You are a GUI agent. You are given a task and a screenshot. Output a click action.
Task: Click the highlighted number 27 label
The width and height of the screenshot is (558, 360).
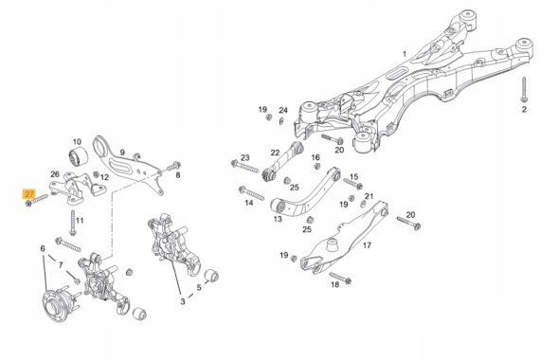(x=28, y=194)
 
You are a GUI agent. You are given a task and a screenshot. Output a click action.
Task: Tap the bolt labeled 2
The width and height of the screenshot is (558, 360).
(x=524, y=89)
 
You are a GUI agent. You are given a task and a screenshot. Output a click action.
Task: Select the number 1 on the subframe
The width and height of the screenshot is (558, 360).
(x=405, y=54)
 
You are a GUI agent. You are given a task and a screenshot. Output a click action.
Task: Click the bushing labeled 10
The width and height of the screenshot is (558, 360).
(x=78, y=155)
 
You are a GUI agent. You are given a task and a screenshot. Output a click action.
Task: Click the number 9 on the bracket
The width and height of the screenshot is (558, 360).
(x=122, y=153)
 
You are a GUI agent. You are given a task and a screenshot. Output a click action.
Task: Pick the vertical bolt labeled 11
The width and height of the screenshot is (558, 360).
(x=73, y=223)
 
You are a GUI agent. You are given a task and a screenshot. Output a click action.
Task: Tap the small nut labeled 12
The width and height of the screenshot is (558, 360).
(x=96, y=174)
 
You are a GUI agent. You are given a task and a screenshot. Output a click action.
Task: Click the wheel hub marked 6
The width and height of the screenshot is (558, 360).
(x=59, y=305)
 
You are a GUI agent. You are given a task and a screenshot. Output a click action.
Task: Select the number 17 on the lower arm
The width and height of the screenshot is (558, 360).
(x=367, y=245)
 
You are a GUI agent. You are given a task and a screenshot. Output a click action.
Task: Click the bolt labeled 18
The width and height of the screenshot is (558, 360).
(x=340, y=278)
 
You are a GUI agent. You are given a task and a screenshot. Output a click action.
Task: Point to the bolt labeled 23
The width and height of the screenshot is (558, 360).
(x=244, y=167)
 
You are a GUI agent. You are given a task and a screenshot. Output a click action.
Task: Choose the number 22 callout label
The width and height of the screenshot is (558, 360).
(x=275, y=153)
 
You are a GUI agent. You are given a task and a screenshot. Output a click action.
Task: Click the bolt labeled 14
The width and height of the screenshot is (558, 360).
(x=251, y=193)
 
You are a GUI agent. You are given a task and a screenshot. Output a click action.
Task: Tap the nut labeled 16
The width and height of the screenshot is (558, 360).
(x=316, y=166)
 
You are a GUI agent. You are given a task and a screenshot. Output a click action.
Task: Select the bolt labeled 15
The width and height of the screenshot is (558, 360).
(x=353, y=184)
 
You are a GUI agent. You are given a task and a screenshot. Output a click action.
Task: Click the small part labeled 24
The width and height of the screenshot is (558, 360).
(x=280, y=121)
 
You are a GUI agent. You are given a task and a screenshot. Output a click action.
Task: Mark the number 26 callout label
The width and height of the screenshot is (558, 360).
(x=55, y=174)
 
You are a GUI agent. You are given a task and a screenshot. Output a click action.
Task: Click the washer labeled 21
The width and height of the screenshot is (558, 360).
(x=364, y=205)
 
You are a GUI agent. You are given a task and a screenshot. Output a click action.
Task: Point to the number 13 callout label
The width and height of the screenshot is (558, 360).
(x=278, y=219)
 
